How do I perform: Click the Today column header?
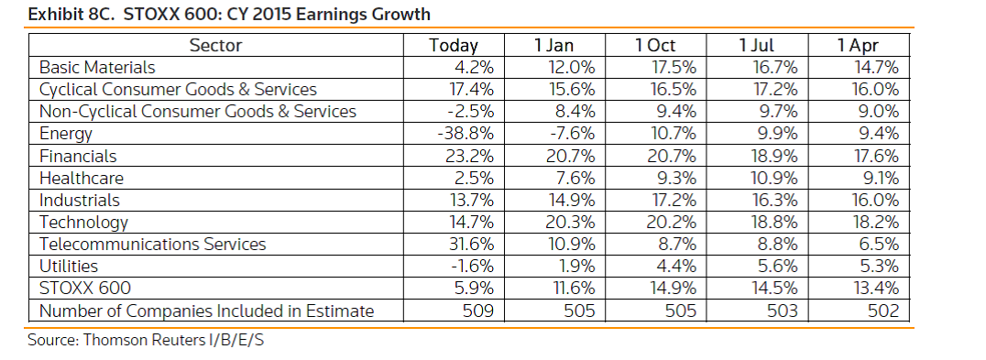(454, 45)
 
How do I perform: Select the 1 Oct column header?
(655, 45)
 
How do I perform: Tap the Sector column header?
(215, 45)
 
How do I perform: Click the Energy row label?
(66, 134)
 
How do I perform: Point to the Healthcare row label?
(82, 178)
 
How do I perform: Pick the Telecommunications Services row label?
(153, 244)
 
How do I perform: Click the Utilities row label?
(69, 267)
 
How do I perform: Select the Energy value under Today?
(466, 133)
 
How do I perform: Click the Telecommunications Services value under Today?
(472, 244)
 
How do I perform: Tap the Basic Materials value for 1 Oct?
(674, 67)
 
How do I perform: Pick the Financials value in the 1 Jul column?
(775, 155)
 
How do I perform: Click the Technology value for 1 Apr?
(877, 222)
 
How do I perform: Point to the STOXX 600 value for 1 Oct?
(674, 289)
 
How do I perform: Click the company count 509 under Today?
(477, 311)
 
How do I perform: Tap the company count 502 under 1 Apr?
(882, 311)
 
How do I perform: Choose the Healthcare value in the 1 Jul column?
(775, 178)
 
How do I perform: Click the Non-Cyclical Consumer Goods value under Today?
(470, 111)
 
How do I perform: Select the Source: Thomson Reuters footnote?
(146, 340)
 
